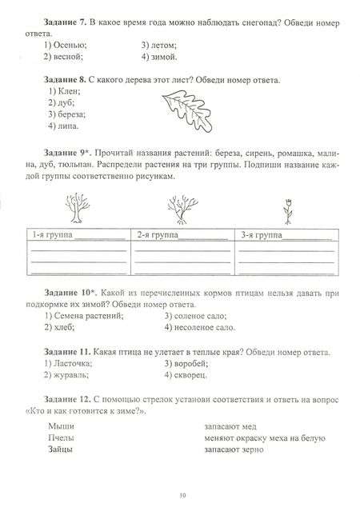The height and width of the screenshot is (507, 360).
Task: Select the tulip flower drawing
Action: click(x=285, y=210)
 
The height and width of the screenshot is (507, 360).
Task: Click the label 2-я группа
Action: click(x=158, y=235)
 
